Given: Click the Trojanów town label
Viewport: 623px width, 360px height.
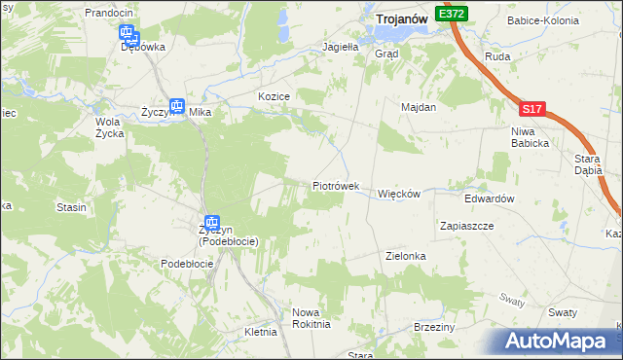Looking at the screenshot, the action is (404, 18).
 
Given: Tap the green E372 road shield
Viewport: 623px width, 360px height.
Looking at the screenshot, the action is (452, 14).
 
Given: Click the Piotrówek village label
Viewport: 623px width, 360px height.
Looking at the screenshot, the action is (336, 185).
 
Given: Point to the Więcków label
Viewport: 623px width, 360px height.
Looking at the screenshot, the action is (398, 194).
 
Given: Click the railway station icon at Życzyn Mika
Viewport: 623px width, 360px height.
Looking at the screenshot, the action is (177, 107).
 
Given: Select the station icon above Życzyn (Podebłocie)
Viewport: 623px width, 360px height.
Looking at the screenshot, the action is (211, 223).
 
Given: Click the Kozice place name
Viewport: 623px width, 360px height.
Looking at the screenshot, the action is (274, 96).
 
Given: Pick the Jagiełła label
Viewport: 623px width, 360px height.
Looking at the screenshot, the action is (341, 46).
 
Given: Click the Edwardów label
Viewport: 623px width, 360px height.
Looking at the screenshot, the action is (489, 198).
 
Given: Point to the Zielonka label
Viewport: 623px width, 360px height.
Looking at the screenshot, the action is (406, 256).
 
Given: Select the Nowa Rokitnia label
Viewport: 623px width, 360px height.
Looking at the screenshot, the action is (311, 318).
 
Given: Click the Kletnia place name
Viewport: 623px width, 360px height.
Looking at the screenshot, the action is (261, 332).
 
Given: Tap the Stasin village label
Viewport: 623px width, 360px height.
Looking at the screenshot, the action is (71, 207).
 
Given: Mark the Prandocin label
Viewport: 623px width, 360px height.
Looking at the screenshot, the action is (108, 13).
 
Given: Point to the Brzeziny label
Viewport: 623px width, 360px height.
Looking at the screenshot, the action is (434, 327).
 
